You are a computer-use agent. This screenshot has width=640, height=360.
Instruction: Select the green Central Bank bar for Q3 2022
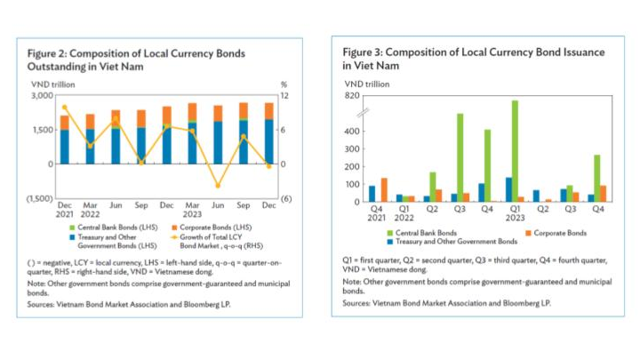(x=460, y=157)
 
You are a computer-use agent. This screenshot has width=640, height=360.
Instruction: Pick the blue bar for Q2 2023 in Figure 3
(x=536, y=196)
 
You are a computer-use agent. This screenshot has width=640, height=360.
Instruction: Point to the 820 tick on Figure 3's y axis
(x=352, y=96)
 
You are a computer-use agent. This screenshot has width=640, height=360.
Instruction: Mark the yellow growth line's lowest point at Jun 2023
(x=218, y=186)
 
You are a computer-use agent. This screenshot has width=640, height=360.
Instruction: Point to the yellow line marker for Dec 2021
(x=64, y=108)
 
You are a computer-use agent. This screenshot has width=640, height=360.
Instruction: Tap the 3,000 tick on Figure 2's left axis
(x=41, y=95)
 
